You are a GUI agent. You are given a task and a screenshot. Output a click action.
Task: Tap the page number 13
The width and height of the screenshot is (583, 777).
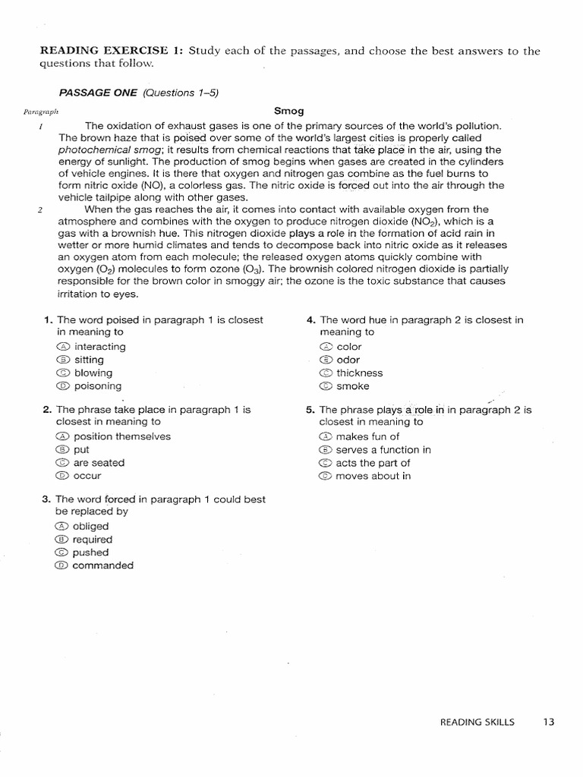pos(549,722)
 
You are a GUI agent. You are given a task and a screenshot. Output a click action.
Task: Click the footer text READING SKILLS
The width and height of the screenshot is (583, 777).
pos(477,722)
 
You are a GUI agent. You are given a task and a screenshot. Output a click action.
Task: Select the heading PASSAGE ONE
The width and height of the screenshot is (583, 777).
pos(98,93)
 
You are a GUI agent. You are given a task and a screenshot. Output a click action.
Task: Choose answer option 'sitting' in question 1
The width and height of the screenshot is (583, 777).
pos(89,360)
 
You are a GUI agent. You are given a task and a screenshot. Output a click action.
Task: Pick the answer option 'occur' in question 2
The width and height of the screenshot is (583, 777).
pos(87,476)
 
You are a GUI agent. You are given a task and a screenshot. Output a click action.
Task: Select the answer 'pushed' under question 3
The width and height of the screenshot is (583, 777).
pos(90,552)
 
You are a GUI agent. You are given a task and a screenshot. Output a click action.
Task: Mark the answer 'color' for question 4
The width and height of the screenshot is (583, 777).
pos(349,347)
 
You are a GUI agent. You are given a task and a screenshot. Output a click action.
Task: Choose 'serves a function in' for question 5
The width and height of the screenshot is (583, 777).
pos(383,450)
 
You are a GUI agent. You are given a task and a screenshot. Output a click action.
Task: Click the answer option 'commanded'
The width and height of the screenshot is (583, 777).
pos(102,565)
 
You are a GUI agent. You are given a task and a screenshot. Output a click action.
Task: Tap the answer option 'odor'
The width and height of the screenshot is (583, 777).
pos(348,360)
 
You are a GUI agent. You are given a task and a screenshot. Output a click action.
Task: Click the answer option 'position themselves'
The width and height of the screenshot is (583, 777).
pos(121,436)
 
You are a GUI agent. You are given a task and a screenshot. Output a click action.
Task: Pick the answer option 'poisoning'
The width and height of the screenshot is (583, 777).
pos(97,385)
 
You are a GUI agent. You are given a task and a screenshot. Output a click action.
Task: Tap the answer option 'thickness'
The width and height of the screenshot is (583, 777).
pos(359,373)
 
